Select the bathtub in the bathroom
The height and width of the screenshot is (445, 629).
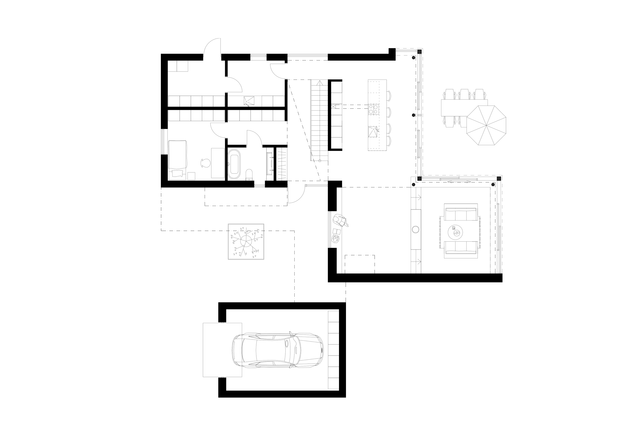tap(234, 164)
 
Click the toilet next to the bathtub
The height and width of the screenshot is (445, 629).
tap(249, 175)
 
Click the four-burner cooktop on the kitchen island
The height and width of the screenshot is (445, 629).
tap(373, 109)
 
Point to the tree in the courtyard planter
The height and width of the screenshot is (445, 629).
tap(246, 241)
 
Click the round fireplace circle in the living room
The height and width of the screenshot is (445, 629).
tap(416, 229)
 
